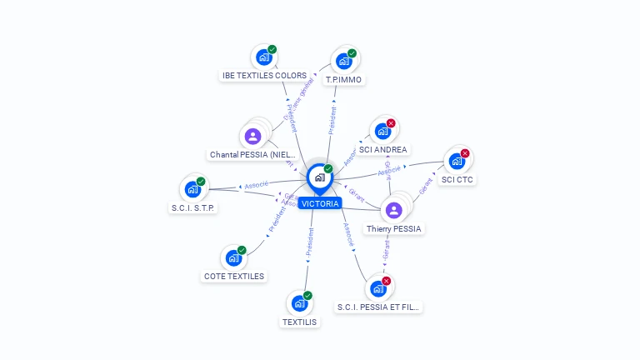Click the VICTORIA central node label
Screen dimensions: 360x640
coord(320,203)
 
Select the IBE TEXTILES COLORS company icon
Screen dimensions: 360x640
coord(264,57)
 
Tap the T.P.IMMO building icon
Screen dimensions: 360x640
coord(344,62)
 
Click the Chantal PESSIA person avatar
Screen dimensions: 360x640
coord(253,136)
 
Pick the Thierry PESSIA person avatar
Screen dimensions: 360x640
coord(394,210)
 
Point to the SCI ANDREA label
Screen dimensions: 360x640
coord(383,150)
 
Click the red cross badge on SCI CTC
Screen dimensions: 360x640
coord(465,153)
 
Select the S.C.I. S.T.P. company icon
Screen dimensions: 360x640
coord(192,189)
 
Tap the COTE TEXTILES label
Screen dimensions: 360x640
coord(233,276)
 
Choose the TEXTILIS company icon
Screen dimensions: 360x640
coord(299,303)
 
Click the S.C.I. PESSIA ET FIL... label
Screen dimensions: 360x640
coord(378,307)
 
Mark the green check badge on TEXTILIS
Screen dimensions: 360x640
coord(307,296)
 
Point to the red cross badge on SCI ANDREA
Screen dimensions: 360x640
coord(391,123)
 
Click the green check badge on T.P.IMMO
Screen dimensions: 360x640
coord(352,53)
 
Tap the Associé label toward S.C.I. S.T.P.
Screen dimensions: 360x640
coord(255,184)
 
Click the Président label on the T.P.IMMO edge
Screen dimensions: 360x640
coord(332,120)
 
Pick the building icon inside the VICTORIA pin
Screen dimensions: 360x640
coord(319,177)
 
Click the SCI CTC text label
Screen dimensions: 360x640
coord(457,179)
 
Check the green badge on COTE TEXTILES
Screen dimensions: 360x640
coord(242,250)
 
